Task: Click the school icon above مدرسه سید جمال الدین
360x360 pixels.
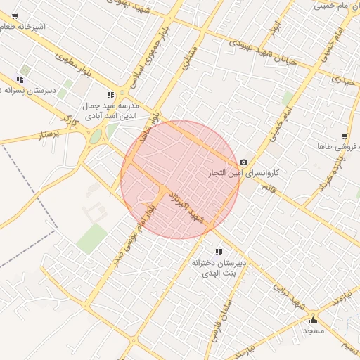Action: tap(110, 94)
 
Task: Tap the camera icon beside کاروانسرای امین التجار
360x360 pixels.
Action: tap(243, 162)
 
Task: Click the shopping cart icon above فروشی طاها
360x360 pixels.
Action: tap(344, 136)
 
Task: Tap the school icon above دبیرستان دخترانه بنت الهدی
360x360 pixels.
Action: tap(219, 251)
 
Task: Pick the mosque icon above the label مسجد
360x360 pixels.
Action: tap(313, 320)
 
